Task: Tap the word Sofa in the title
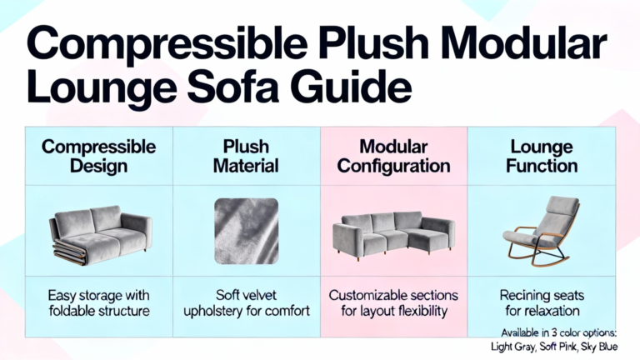(233, 87)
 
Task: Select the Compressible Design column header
(99, 157)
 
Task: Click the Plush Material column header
(246, 157)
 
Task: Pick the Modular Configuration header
(394, 157)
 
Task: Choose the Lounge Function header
(542, 157)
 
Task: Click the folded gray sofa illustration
(101, 236)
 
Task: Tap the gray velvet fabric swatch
(247, 231)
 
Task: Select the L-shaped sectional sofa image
(393, 236)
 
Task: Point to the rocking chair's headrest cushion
(562, 205)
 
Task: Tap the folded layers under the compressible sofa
(68, 252)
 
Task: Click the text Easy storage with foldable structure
(99, 302)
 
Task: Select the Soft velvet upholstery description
(247, 302)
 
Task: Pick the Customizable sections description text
(394, 302)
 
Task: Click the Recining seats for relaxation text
(542, 302)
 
